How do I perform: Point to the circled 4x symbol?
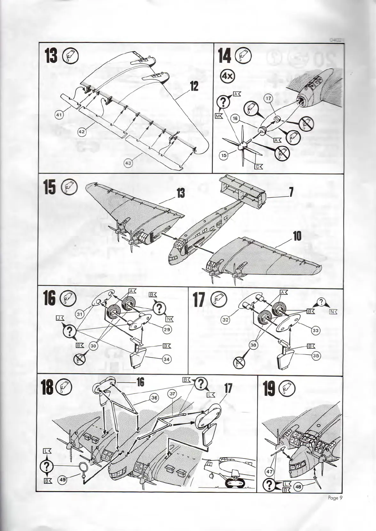pyautogui.click(x=228, y=76)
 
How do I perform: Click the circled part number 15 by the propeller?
pyautogui.click(x=224, y=156)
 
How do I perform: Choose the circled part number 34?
pyautogui.click(x=166, y=359)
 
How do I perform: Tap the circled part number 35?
pyautogui.click(x=316, y=356)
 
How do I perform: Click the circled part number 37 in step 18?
pyautogui.click(x=172, y=394)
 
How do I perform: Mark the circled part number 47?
pyautogui.click(x=270, y=472)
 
